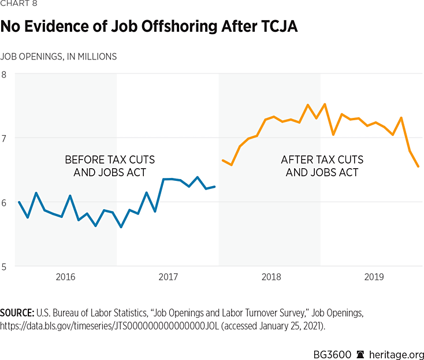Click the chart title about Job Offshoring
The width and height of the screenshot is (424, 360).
[149, 27]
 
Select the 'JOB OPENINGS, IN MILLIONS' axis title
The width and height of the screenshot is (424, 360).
[58, 57]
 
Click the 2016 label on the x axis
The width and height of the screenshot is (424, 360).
[66, 277]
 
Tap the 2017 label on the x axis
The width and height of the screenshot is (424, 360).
[168, 277]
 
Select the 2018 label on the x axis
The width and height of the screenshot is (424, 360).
[271, 277]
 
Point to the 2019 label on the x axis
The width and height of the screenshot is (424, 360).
[374, 277]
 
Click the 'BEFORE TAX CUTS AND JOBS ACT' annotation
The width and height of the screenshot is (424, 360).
[110, 166]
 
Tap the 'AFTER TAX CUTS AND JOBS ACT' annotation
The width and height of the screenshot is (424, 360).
[322, 166]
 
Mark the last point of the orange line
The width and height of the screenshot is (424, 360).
[418, 166]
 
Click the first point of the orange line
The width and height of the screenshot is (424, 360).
[222, 160]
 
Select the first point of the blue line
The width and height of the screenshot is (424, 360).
[19, 202]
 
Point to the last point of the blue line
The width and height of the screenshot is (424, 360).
[215, 187]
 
